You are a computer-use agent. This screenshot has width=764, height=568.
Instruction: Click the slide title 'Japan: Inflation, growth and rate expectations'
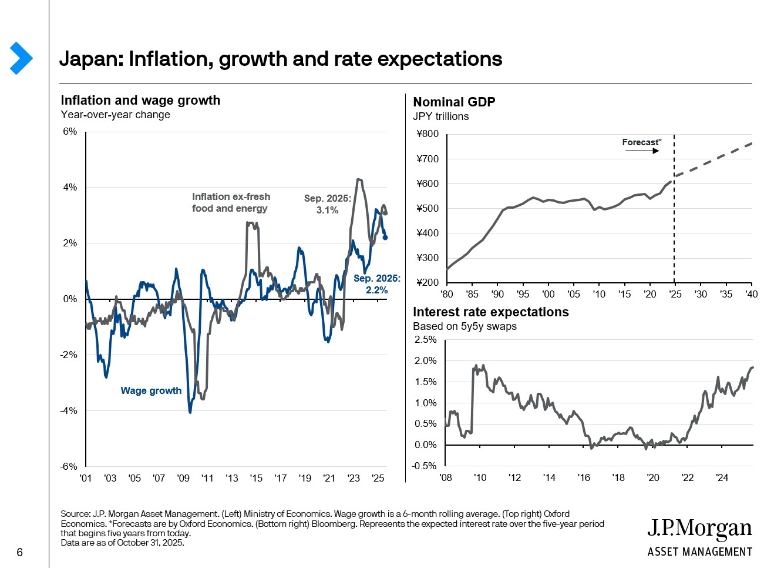[281, 59]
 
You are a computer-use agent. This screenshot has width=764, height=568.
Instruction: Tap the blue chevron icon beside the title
[21, 58]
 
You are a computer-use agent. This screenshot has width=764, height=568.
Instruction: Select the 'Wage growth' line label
[151, 390]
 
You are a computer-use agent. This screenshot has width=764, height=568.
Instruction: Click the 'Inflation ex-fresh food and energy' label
[231, 202]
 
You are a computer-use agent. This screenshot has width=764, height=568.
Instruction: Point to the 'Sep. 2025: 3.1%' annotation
[327, 204]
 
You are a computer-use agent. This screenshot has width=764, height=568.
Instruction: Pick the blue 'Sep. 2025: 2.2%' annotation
[376, 284]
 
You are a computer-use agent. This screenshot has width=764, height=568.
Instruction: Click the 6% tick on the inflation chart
[70, 131]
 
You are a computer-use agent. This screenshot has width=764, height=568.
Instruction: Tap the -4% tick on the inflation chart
[69, 410]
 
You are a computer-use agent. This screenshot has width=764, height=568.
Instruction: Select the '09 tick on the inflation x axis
[183, 478]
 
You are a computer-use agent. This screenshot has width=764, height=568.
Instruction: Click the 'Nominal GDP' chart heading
[454, 102]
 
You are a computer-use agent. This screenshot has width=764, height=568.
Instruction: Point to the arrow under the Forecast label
[642, 151]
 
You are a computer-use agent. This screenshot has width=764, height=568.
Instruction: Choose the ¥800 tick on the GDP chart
[428, 133]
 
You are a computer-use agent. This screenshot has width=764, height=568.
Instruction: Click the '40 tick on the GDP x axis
[751, 294]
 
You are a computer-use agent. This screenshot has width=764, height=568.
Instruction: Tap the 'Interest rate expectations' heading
[490, 312]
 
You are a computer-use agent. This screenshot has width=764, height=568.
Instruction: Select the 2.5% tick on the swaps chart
[425, 339]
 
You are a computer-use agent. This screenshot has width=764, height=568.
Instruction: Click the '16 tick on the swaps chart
[584, 477]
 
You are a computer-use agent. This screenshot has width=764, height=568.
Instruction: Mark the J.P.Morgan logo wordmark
[699, 529]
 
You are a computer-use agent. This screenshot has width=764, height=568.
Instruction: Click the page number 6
[20, 552]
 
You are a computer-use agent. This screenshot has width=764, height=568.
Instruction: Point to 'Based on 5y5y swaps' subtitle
[465, 326]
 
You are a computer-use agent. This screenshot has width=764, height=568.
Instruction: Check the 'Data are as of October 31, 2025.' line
[122, 543]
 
